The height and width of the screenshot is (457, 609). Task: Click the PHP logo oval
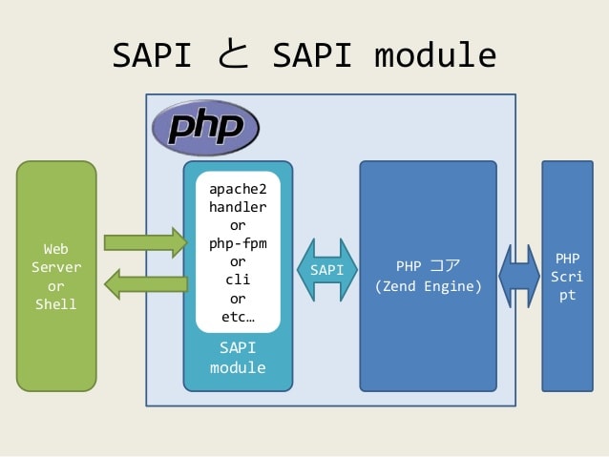[206, 128]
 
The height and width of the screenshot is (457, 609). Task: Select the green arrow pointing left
[145, 283]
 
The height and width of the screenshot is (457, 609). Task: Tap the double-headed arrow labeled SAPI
[327, 270]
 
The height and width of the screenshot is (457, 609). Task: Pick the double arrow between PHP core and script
[519, 276]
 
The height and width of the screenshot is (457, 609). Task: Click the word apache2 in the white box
[238, 188]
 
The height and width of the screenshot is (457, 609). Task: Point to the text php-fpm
[238, 243]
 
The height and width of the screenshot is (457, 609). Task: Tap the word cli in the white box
[238, 280]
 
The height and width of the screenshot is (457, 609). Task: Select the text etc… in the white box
[238, 317]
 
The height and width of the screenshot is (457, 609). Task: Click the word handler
[238, 206]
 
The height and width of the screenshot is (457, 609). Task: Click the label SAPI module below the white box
[238, 358]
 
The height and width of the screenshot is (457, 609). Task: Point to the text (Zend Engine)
[428, 285]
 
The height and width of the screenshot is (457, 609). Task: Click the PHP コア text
[428, 264]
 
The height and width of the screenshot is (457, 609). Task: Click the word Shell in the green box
[56, 304]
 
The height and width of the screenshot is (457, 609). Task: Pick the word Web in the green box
[56, 249]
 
